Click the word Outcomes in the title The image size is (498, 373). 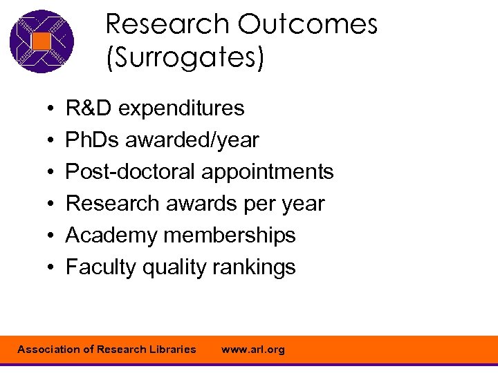tap(308, 25)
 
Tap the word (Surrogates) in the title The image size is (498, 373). tap(185, 57)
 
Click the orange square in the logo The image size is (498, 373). tap(41, 41)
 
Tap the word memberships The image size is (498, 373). tap(230, 236)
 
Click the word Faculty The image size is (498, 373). tap(101, 267)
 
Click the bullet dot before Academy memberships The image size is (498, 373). tap(53, 236)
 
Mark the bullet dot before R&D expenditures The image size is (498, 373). tap(53, 109)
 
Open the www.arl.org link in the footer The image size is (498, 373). tap(252, 350)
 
